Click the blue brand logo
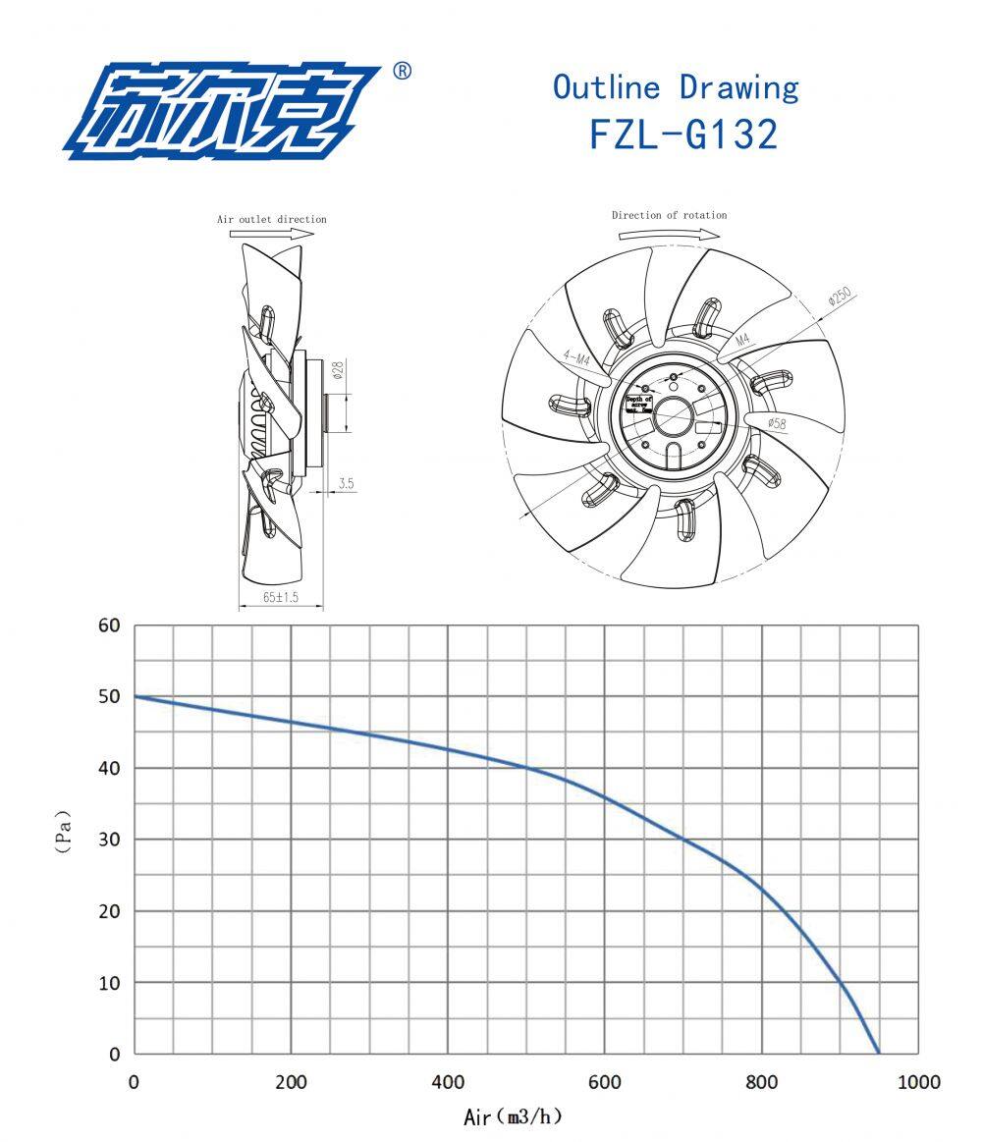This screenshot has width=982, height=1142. pos(221,111)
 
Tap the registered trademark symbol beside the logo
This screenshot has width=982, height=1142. pos(402,72)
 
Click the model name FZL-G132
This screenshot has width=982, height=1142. pos(683,135)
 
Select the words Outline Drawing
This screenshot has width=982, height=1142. pos(676,87)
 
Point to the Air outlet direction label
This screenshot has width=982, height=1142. pos(272,219)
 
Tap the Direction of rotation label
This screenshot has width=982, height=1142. pos(670,215)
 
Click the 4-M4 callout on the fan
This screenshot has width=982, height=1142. pos(576,359)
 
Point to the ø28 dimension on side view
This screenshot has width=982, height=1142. pos(336,370)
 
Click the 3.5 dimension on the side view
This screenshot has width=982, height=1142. pos(346,483)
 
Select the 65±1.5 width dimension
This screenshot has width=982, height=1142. pos(280,597)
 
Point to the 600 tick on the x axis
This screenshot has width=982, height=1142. pos(604,1082)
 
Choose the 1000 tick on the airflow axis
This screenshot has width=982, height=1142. pos(917,1082)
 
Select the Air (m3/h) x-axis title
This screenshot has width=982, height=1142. pos(514,1117)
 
